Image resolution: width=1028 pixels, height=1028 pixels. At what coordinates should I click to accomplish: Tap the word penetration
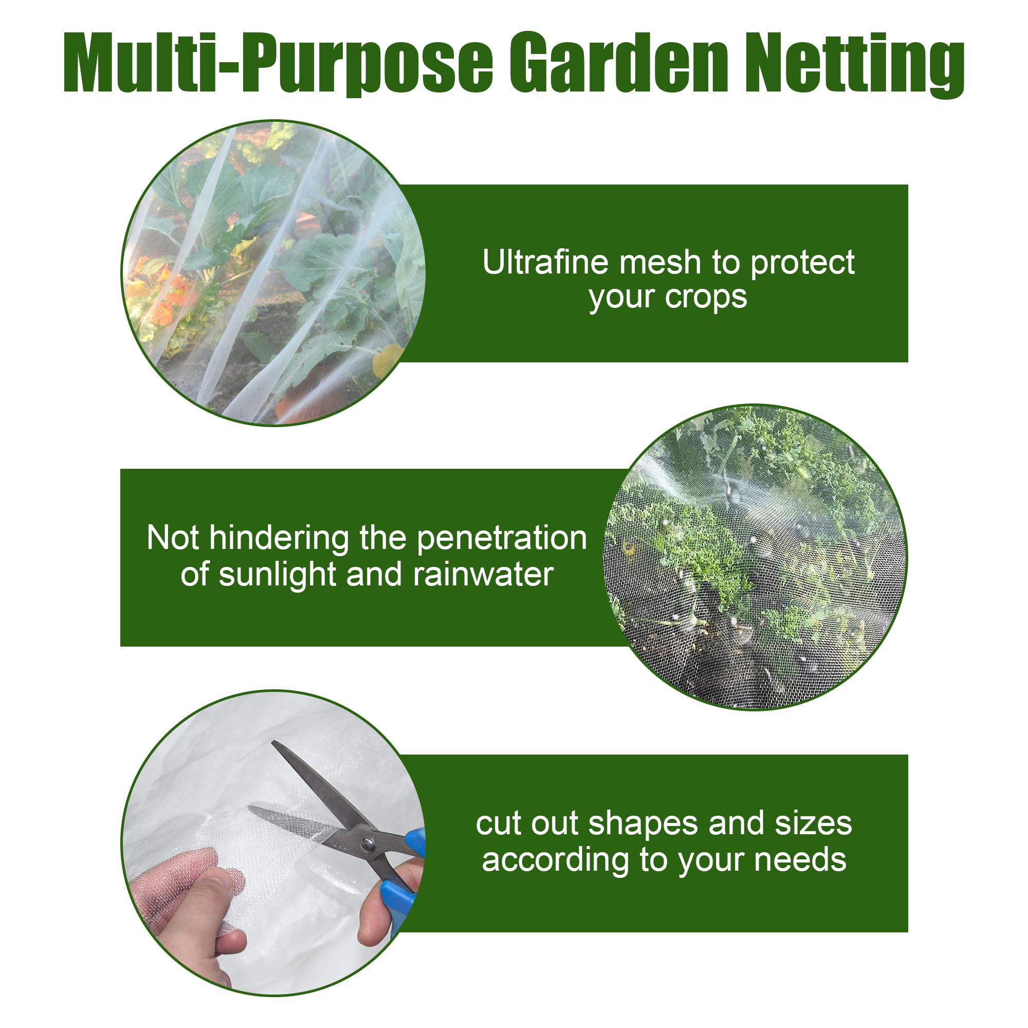501,539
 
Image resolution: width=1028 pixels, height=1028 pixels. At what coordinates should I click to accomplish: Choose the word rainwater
483,575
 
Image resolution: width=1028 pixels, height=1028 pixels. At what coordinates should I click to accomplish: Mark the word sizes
813,824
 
